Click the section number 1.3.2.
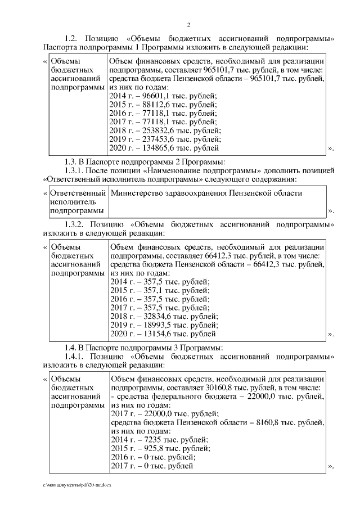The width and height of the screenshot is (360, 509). [x=76, y=223]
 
